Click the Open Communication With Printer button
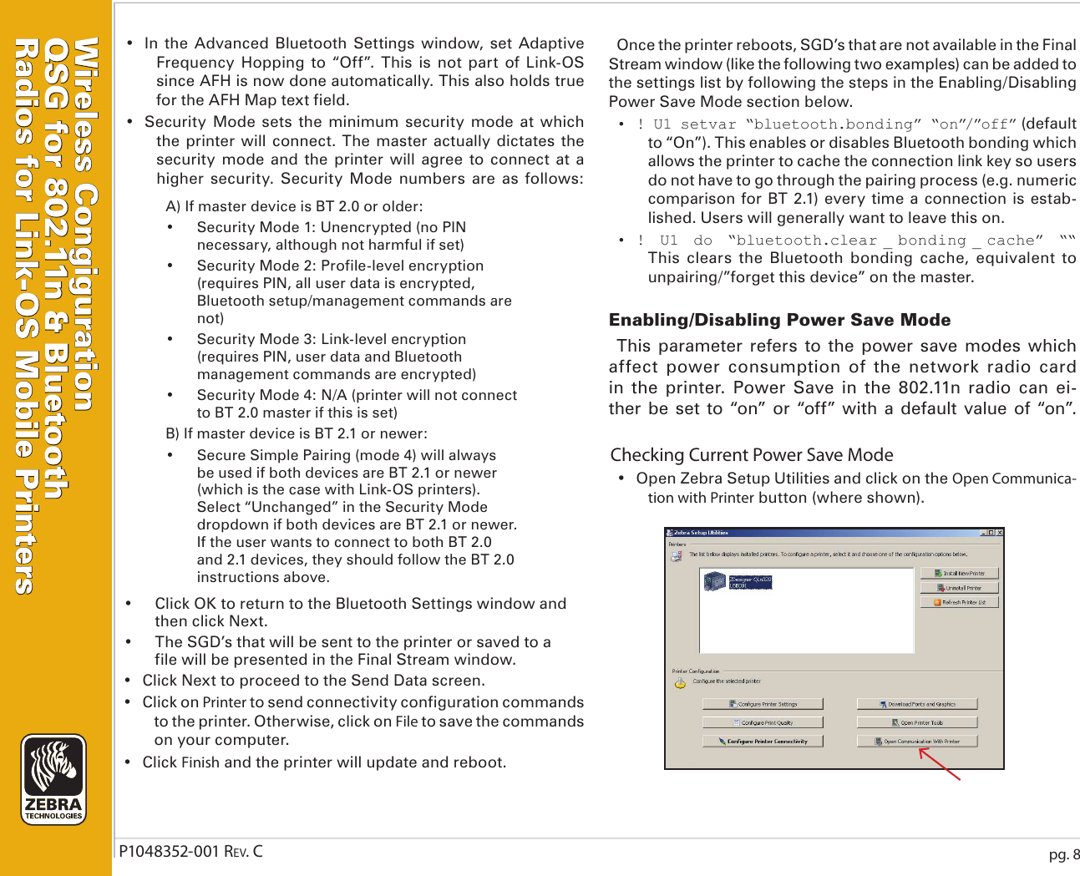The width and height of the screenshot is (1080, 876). pos(916,741)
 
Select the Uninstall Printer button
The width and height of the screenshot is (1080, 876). pos(959,588)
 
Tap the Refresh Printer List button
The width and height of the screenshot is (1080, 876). pos(959,602)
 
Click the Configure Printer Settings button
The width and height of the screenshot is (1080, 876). pos(763,704)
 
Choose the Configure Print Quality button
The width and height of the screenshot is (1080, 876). pos(763,722)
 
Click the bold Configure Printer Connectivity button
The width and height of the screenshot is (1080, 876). pos(763,741)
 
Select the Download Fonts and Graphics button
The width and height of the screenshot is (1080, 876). pos(916,704)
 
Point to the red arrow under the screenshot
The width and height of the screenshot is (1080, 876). pos(940,764)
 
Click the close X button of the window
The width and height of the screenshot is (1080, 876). pos(999,533)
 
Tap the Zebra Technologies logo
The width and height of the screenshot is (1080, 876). pos(53,779)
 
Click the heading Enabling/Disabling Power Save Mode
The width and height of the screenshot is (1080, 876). pos(779,320)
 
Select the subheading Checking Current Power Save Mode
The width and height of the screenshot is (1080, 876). pos(751,455)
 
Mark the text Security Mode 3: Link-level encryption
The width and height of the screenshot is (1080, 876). pos(331,339)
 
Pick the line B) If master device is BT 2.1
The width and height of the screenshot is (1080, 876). pos(297,433)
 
